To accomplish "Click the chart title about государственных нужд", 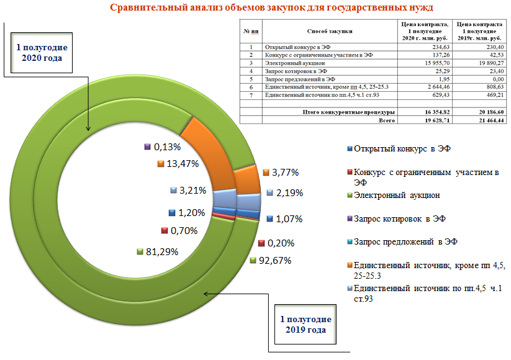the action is (271, 7).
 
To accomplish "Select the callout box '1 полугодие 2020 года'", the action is (42, 53).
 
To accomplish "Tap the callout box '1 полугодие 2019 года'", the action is (305, 325).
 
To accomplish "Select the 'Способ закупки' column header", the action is (330, 31).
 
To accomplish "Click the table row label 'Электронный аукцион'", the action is (295, 63).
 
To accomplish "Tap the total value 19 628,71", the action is (437, 120).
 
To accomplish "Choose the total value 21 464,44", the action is (491, 120).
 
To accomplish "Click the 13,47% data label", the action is (183, 163).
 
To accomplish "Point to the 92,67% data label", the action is (274, 260).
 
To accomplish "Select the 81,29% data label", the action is (162, 252).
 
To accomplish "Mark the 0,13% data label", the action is (167, 147).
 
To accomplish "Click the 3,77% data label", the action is (285, 173).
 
